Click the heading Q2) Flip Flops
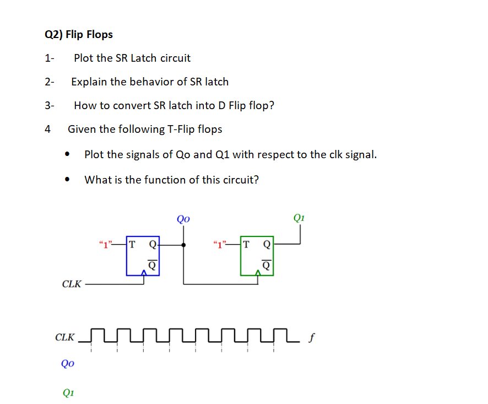(78, 35)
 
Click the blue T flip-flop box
(142, 256)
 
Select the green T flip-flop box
(257, 256)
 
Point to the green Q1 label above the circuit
(299, 218)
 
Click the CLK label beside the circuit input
(72, 284)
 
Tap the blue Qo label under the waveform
(68, 364)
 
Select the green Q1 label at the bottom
(68, 392)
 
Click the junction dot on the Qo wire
(183, 244)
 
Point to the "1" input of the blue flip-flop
(104, 244)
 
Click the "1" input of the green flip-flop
(219, 244)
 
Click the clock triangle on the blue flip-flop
(144, 272)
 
